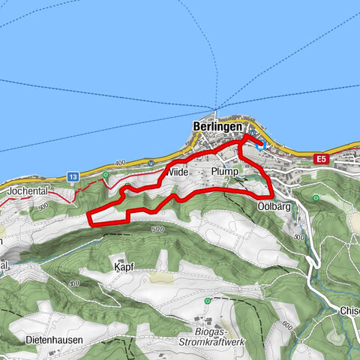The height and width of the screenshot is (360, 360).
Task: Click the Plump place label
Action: [224, 172]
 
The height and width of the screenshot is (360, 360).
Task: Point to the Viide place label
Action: [177, 172]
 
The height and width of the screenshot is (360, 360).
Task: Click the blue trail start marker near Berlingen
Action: [260, 145]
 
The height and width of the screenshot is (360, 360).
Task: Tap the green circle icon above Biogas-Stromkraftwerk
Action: [207, 301]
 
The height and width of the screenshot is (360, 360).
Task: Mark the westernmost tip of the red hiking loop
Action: [88, 219]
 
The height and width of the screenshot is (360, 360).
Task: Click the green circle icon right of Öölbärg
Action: [316, 198]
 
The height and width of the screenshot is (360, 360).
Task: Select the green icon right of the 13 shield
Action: [106, 175]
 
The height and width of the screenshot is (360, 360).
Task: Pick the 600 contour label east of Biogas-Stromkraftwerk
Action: [285, 325]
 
